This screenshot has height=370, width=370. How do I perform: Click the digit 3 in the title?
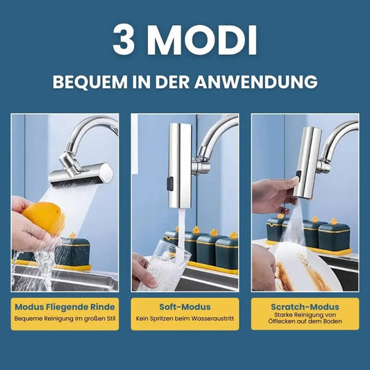[124, 40]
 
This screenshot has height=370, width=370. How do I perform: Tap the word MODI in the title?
[203, 40]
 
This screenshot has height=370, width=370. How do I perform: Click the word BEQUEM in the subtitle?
[90, 82]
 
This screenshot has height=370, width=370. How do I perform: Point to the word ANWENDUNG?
[256, 82]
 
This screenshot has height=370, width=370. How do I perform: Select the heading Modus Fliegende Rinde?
[65, 307]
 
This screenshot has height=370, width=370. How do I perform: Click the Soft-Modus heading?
[185, 307]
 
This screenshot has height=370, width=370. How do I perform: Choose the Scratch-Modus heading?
[305, 307]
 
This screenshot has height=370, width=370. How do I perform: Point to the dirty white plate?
[307, 268]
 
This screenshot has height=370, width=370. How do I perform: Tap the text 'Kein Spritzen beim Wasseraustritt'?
[185, 319]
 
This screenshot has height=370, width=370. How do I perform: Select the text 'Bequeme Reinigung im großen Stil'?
[65, 319]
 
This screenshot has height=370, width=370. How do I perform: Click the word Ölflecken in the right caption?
[279, 321]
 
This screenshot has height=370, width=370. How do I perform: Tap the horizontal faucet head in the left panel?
[81, 174]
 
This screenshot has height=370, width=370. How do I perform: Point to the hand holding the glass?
[144, 271]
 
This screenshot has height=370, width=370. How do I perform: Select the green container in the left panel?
[72, 251]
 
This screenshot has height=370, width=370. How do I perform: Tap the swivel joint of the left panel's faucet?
[69, 164]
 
